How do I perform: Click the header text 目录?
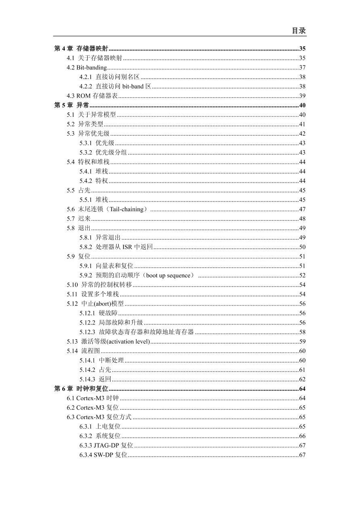(x=299, y=31)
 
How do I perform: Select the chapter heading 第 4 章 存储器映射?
(x=81, y=49)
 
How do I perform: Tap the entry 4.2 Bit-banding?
(x=87, y=67)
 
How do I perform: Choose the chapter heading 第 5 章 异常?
(x=72, y=105)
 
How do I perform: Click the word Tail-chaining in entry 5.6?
(x=127, y=209)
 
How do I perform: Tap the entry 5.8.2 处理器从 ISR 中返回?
(x=116, y=247)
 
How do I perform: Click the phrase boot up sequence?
(x=168, y=275)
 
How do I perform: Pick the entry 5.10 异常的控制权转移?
(x=99, y=285)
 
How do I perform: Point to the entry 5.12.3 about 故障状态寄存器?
(x=136, y=332)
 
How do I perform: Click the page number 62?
(x=302, y=379)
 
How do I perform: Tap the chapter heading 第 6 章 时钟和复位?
(x=82, y=389)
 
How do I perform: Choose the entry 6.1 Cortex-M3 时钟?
(x=92, y=398)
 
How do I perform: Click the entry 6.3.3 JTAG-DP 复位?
(x=106, y=445)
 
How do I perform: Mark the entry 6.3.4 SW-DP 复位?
(x=103, y=455)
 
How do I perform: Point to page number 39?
(x=302, y=96)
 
